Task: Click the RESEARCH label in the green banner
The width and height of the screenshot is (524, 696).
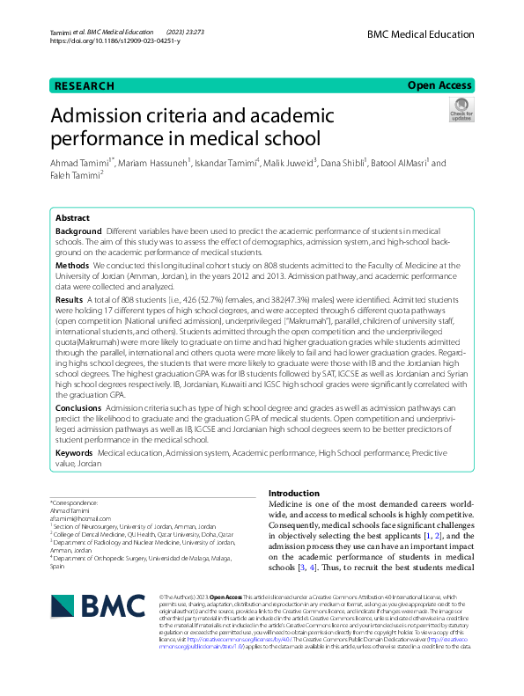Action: click(x=85, y=86)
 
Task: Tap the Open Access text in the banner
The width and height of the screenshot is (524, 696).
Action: click(x=440, y=85)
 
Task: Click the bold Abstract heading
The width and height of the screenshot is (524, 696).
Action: click(x=72, y=217)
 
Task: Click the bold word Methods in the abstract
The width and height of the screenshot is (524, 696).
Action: click(x=72, y=264)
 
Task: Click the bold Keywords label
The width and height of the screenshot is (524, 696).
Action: click(x=76, y=452)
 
